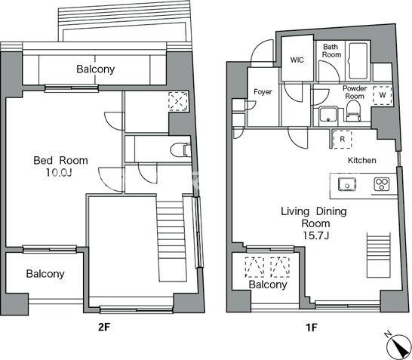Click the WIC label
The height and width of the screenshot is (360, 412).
pos(297,60)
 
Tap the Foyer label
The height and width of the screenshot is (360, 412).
pos(263,92)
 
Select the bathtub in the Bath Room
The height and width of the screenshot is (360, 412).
pos(358,60)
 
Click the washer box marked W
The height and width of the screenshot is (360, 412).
pos(383,95)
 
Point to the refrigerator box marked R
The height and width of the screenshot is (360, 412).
pos(342,140)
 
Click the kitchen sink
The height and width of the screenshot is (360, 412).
pos(347,184)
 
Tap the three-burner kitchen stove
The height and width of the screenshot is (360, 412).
pos(382,184)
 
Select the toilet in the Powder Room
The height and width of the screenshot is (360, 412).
pos(352,112)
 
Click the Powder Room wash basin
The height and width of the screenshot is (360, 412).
pos(328,114)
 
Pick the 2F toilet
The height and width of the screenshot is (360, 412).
pos(180,150)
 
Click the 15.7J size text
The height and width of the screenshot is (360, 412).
pos(316,235)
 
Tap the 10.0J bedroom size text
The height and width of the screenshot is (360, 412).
pos(59,172)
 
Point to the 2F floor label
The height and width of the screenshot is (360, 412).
pos(103,328)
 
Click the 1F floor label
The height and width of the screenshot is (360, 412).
pos(312,328)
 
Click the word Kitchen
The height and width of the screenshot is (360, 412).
pos(361,160)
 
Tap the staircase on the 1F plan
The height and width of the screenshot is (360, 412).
pos(378,255)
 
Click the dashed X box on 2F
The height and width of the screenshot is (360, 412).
pos(178,101)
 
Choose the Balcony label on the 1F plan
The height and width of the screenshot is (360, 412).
pos(268,285)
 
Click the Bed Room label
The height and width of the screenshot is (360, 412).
pos(60,160)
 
